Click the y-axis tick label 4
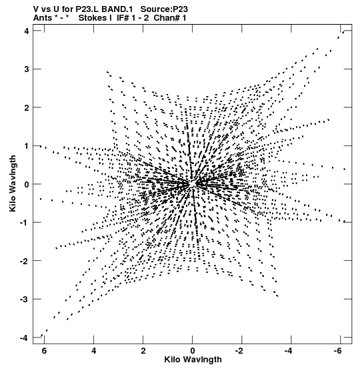pos(27,31)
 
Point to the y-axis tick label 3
pos(27,69)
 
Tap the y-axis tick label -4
pos(24,338)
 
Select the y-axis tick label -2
pos(24,261)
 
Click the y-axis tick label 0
pos(27,184)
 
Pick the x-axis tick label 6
pos(44,351)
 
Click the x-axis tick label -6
pos(337,351)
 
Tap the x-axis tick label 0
pos(193,351)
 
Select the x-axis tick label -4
pos(288,351)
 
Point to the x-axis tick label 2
pos(143,351)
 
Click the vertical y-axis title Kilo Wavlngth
pos(13,183)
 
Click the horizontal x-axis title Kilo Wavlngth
pos(193,360)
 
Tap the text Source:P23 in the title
pos(164,9)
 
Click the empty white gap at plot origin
pos(193,184)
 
